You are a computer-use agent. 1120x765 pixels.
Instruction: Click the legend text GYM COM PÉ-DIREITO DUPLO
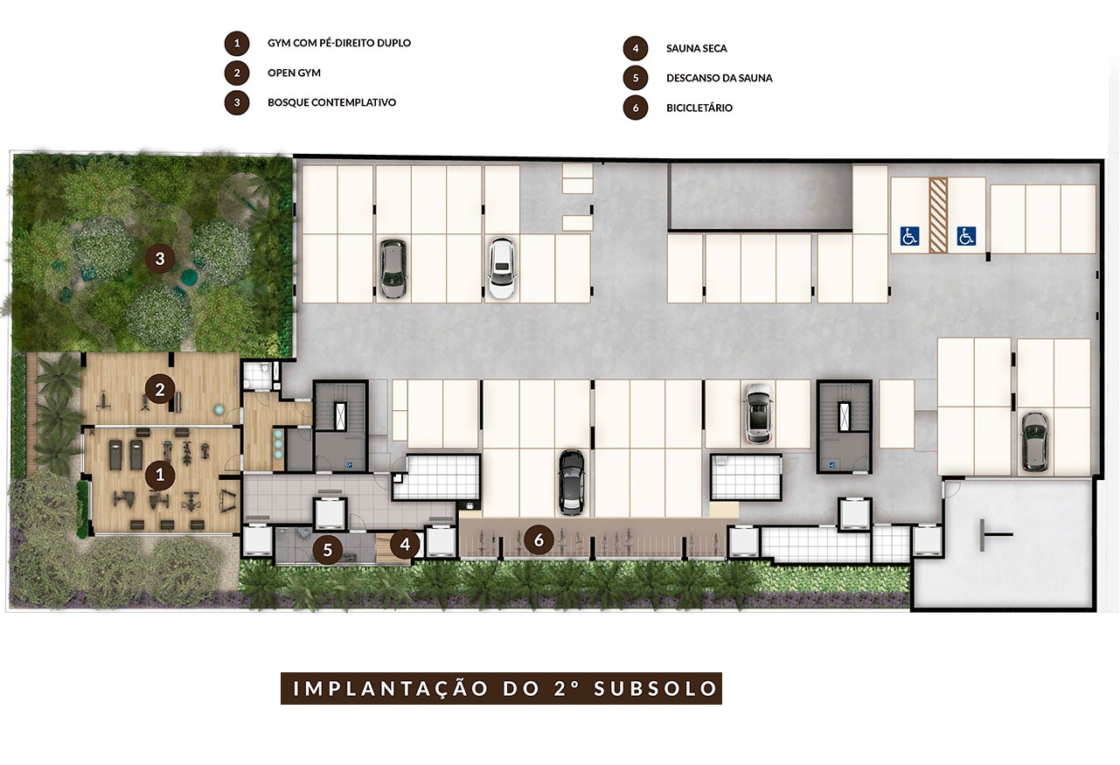pyautogui.click(x=338, y=43)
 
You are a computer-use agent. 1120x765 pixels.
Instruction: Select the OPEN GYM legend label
pyautogui.click(x=294, y=73)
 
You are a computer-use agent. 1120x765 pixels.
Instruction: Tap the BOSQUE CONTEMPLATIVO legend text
pyautogui.click(x=331, y=102)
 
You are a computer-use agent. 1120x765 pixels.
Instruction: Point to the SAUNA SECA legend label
pyautogui.click(x=696, y=48)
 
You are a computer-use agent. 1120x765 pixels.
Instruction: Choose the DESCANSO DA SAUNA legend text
pyautogui.click(x=719, y=78)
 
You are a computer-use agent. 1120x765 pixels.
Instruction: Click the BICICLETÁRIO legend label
pyautogui.click(x=699, y=108)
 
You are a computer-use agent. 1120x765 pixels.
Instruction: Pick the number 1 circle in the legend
pyautogui.click(x=235, y=43)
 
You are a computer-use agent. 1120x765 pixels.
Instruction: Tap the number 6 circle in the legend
pyautogui.click(x=636, y=108)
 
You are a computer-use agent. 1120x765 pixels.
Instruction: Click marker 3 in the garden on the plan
pyautogui.click(x=159, y=258)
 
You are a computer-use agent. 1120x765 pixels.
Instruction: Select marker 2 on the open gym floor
pyautogui.click(x=159, y=390)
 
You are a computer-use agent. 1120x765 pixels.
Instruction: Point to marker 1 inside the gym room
pyautogui.click(x=159, y=476)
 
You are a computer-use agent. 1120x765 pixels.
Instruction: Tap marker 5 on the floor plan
pyautogui.click(x=328, y=550)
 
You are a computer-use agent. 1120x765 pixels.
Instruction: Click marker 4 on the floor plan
pyautogui.click(x=405, y=544)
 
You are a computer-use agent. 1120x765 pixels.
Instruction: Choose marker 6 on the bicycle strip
pyautogui.click(x=539, y=540)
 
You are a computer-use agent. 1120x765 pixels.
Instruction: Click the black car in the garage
pyautogui.click(x=570, y=481)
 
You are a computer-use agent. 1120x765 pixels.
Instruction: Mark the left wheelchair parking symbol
pyautogui.click(x=910, y=235)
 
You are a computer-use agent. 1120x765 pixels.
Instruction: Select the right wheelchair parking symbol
pyautogui.click(x=965, y=235)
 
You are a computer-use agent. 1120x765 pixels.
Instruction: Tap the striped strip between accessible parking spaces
pyautogui.click(x=938, y=216)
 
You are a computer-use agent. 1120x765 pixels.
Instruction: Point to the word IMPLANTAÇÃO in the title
pyautogui.click(x=391, y=688)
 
